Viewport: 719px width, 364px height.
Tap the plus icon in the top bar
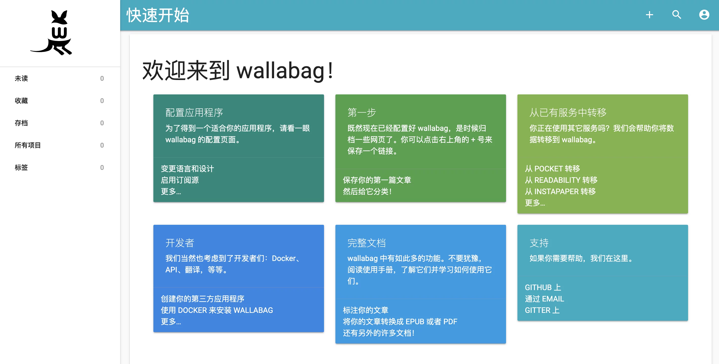point(650,15)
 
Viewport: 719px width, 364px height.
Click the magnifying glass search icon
point(677,14)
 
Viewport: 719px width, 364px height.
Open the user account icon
point(704,15)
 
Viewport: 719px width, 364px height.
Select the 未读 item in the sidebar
point(21,78)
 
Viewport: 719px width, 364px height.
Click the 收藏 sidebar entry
point(21,100)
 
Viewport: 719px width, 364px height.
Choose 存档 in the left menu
point(21,123)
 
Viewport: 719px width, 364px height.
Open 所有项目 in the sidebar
point(28,145)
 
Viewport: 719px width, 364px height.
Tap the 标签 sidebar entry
point(21,168)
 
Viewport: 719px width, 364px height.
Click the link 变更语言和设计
point(187,169)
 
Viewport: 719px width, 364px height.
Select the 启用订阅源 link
point(180,180)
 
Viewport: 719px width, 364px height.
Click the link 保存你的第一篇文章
point(377,180)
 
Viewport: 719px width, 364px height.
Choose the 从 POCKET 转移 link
point(552,169)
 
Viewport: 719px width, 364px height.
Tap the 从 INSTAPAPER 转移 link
point(560,191)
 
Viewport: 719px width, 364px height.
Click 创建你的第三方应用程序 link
point(202,299)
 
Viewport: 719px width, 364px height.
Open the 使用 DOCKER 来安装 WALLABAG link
point(217,310)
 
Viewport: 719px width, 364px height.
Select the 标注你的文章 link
point(365,310)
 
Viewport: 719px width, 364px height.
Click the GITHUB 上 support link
point(543,287)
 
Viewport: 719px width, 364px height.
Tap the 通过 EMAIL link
point(544,299)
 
